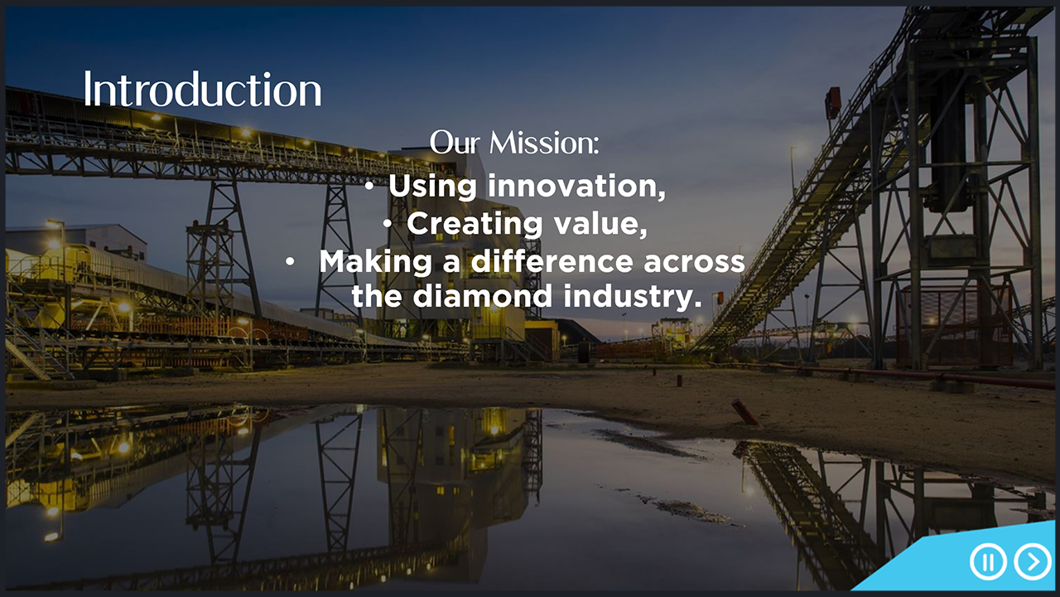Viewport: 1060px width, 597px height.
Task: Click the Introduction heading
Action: [203, 89]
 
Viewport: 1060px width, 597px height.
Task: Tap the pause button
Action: [988, 561]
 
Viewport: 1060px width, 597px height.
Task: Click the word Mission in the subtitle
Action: [544, 143]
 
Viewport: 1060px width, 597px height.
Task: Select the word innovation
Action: [576, 186]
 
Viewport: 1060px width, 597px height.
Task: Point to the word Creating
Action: [475, 224]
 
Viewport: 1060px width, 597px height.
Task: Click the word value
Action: [601, 224]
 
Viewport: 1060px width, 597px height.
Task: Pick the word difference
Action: [552, 261]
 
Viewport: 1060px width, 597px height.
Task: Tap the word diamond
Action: [482, 296]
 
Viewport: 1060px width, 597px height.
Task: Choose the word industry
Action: [633, 297]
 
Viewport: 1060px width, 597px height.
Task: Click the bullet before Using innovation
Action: [369, 187]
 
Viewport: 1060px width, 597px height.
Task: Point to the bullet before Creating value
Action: [388, 224]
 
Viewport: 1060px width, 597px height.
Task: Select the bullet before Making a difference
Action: [290, 261]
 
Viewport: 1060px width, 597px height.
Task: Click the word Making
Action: [375, 263]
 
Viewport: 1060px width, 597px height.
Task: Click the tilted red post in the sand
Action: [744, 412]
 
